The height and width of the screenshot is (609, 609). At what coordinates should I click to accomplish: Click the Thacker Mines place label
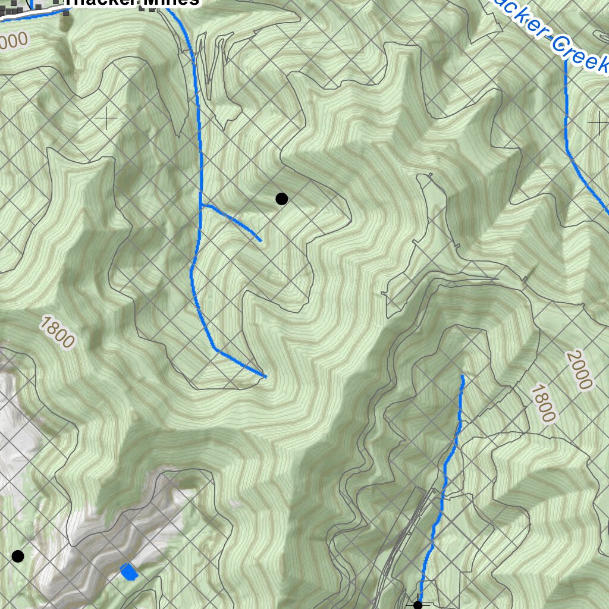pyautogui.click(x=131, y=2)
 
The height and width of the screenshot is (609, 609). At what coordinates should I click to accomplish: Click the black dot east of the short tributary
pyautogui.click(x=282, y=199)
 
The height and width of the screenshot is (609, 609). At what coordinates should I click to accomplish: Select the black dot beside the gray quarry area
pyautogui.click(x=18, y=556)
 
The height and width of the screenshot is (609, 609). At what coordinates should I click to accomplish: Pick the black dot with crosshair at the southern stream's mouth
pyautogui.click(x=417, y=605)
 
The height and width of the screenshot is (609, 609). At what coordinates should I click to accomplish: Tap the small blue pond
pyautogui.click(x=129, y=572)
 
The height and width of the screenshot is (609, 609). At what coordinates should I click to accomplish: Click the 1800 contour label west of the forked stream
pyautogui.click(x=58, y=332)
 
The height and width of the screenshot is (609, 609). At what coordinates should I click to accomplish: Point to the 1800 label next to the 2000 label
pyautogui.click(x=543, y=403)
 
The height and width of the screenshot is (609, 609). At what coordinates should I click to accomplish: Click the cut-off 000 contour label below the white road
pyautogui.click(x=14, y=40)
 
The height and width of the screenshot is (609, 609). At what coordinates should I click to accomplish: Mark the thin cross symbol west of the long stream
pyautogui.click(x=106, y=119)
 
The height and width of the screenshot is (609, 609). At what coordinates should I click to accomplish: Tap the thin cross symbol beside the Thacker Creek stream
pyautogui.click(x=598, y=124)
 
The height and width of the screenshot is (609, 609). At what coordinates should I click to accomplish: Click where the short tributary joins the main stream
pyautogui.click(x=201, y=206)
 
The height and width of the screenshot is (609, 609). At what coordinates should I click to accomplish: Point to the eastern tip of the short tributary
pyautogui.click(x=260, y=240)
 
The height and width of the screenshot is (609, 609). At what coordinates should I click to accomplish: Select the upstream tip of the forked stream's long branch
pyautogui.click(x=265, y=376)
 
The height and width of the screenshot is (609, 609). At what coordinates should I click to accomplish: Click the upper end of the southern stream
pyautogui.click(x=463, y=376)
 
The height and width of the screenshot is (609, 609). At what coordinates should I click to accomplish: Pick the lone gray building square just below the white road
pyautogui.click(x=66, y=12)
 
